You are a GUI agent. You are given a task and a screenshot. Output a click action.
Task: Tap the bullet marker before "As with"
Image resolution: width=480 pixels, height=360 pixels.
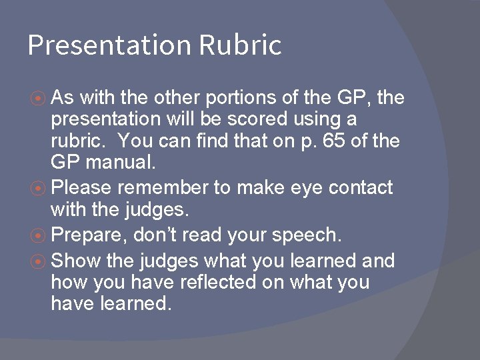point(39,99)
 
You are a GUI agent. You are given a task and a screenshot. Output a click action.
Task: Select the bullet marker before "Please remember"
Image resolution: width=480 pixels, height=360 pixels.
point(39,189)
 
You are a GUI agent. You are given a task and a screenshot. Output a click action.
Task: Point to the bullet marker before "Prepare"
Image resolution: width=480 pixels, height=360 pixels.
point(39,235)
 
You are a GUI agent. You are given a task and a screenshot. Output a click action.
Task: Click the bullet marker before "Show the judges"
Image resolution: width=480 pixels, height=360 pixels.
point(39,260)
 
